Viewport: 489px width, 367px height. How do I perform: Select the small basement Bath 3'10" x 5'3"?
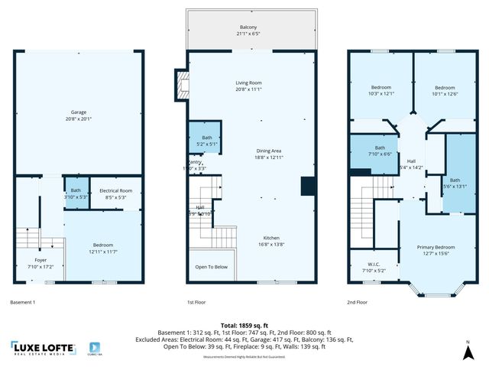(x=76, y=193)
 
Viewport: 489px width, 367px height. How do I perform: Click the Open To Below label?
(x=212, y=267)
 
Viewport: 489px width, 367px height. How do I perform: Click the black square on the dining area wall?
(x=308, y=187)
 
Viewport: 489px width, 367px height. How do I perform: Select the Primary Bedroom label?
(x=436, y=250)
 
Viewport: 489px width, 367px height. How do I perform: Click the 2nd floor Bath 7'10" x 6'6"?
(x=380, y=150)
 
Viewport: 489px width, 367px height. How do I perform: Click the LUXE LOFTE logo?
(x=44, y=348)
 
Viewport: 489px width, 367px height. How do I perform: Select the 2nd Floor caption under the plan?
(x=357, y=303)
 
